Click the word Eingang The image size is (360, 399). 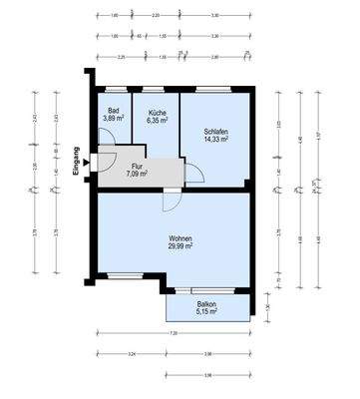(78, 159)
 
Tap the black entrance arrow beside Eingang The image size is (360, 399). (89, 156)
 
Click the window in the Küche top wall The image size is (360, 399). (156, 88)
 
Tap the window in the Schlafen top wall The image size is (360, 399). (215, 88)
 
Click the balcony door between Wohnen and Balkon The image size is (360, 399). (206, 290)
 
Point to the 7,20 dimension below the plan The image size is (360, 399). (172, 332)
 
